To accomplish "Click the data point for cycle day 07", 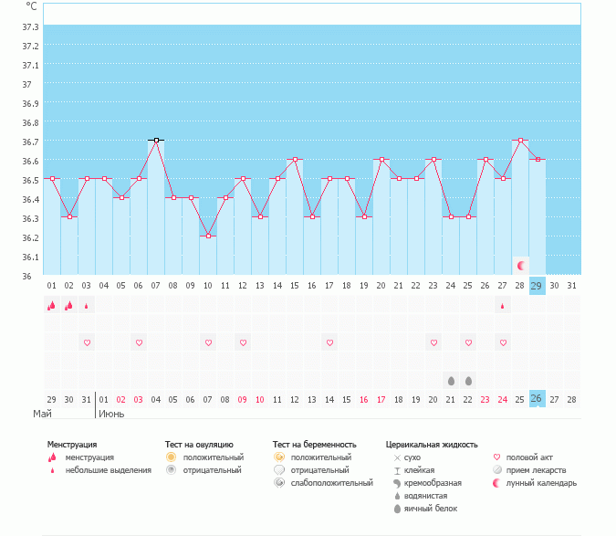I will click(x=156, y=141).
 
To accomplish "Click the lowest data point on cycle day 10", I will click(x=208, y=236).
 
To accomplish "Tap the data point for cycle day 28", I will click(x=520, y=141).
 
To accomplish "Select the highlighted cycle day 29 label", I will click(x=537, y=286).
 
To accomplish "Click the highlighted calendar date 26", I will click(x=537, y=399).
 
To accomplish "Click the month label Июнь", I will click(x=111, y=414).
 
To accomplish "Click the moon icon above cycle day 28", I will click(x=520, y=266).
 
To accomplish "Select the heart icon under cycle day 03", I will click(x=87, y=342).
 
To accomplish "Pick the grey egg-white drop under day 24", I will click(x=451, y=380).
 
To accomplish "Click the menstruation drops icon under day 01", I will click(x=52, y=306).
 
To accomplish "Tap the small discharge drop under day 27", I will click(x=502, y=306).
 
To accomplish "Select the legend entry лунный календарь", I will click(x=542, y=483).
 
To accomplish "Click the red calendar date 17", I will click(x=381, y=399).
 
